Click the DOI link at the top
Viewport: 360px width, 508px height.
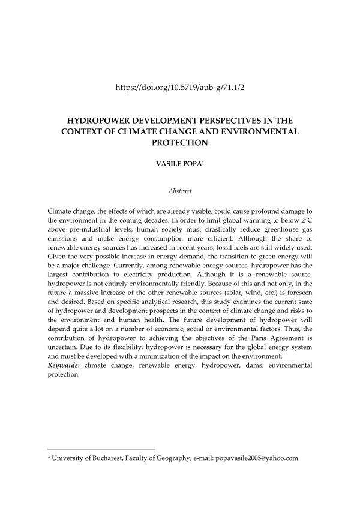179,87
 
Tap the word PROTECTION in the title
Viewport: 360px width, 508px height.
179,142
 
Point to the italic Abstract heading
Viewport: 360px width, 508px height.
179,191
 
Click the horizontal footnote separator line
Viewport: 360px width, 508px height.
101,449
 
